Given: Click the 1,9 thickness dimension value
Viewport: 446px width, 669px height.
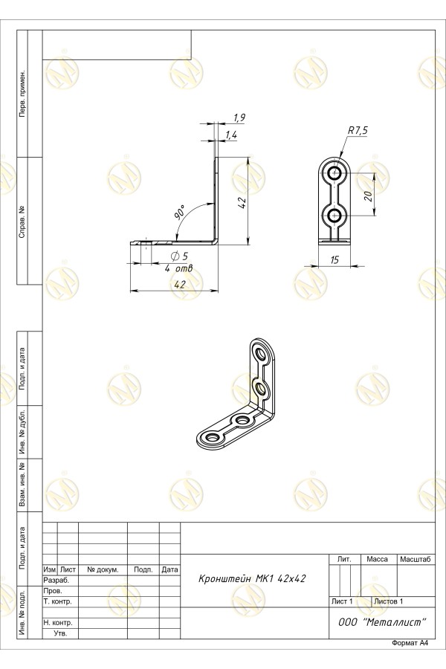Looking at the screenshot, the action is (240, 117).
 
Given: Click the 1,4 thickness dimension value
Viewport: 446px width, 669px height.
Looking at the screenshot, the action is (231, 135).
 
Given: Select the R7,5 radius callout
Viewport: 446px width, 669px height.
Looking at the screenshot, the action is (358, 131).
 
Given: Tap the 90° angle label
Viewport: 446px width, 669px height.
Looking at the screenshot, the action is (181, 212).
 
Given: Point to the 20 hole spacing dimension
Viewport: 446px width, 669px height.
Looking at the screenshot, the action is (369, 195).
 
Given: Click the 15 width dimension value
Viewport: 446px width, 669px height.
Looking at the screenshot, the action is (334, 259).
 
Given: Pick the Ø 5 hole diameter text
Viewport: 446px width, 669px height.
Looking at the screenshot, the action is (179, 256).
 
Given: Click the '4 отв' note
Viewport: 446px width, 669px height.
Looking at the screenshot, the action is (179, 269).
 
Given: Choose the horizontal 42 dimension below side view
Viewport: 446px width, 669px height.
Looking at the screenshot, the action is (180, 285).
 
